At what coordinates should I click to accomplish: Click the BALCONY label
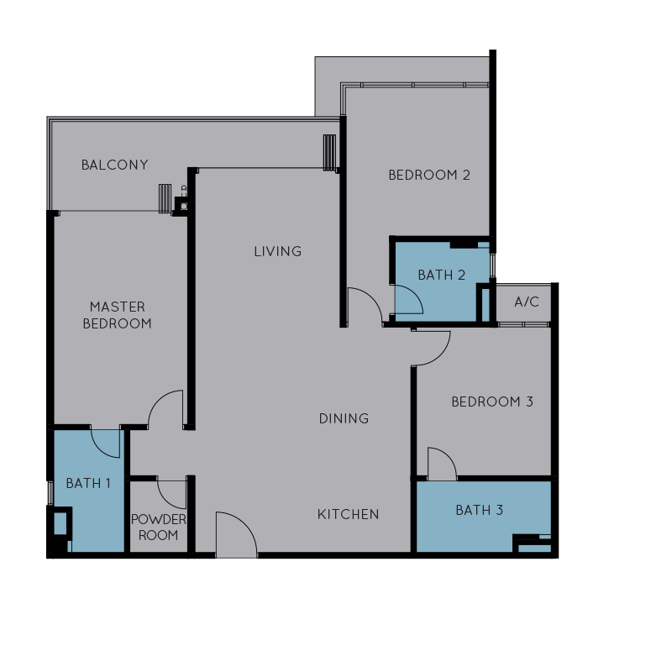coord(114,165)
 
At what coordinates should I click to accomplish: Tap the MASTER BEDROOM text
coord(117,315)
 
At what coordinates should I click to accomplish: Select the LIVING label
coord(278,251)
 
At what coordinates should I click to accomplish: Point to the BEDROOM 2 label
coord(429,175)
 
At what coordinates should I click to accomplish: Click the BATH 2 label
coord(442,275)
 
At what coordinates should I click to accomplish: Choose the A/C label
coord(527,302)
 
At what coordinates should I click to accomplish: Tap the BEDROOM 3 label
coord(492,402)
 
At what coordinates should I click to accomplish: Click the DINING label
coord(344,418)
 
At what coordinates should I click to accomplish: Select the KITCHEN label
coord(348,514)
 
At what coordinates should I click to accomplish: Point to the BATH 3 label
coord(479,510)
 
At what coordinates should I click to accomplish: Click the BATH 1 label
coord(88,484)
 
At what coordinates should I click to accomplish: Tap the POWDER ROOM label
coord(158,528)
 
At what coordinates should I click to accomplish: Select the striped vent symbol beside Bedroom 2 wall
coord(329,153)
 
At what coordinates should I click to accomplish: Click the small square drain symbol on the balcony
coord(184,207)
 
